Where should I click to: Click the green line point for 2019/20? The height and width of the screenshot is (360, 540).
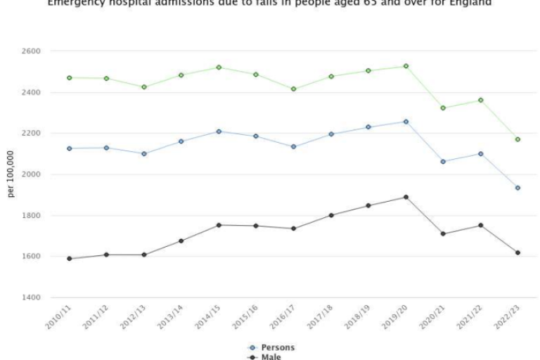pyautogui.click(x=406, y=66)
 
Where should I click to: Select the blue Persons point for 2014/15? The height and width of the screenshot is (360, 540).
pyautogui.click(x=219, y=131)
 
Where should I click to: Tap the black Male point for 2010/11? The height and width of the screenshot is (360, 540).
pyautogui.click(x=69, y=259)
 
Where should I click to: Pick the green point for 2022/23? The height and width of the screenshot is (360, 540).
pyautogui.click(x=517, y=139)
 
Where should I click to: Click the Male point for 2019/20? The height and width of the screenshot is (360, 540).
pyautogui.click(x=406, y=197)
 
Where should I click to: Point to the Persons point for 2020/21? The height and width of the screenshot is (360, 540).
pyautogui.click(x=443, y=162)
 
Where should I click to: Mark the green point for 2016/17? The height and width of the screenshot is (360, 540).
pyautogui.click(x=293, y=89)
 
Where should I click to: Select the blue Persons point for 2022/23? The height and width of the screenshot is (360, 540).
pyautogui.click(x=517, y=188)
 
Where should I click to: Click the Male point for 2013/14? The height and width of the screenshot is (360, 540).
pyautogui.click(x=181, y=241)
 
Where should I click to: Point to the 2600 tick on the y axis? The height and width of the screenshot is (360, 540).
pyautogui.click(x=31, y=51)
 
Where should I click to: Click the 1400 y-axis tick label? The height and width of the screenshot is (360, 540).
pyautogui.click(x=31, y=298)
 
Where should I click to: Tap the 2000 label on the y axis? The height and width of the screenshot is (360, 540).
pyautogui.click(x=31, y=174)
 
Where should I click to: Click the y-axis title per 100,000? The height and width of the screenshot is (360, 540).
pyautogui.click(x=11, y=174)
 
